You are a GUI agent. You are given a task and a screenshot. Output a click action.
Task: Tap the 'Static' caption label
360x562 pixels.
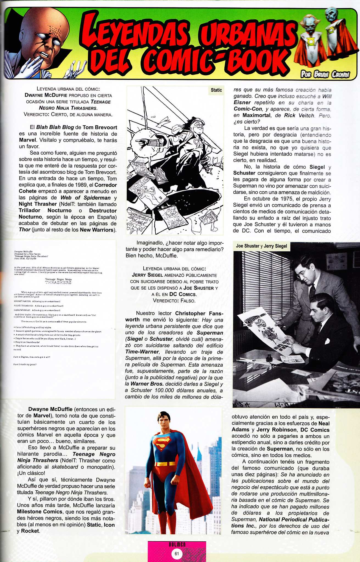(216, 90)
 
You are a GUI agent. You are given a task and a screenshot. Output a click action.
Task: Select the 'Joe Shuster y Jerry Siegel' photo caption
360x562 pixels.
(261, 246)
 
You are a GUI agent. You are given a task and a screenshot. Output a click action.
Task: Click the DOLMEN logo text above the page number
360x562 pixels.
(177, 544)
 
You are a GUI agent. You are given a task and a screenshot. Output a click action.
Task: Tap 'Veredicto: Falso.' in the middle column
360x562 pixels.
(174, 301)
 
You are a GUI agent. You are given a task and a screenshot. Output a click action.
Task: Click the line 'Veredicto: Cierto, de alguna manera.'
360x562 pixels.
(68, 114)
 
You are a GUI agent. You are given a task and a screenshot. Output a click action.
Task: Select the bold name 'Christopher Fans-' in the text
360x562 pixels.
(199, 313)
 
